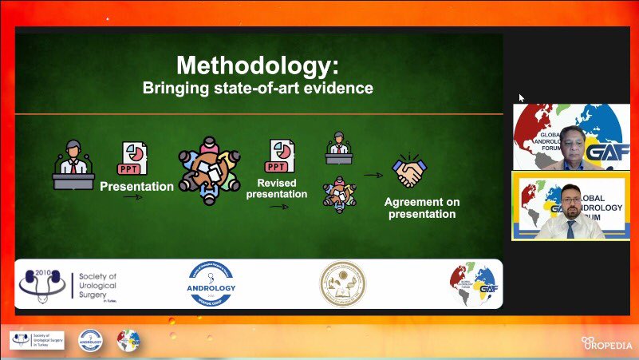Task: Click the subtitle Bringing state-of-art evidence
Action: click(258, 88)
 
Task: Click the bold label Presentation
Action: click(136, 187)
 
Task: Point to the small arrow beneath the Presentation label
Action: click(132, 197)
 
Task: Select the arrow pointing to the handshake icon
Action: click(373, 175)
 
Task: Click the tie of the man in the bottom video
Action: click(570, 228)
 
